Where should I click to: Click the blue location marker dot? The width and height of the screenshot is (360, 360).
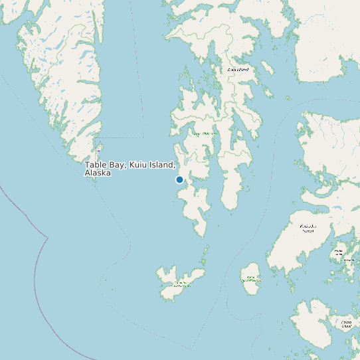[179, 179]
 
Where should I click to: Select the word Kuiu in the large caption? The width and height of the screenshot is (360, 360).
[138, 165]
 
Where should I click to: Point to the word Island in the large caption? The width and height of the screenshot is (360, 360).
[163, 165]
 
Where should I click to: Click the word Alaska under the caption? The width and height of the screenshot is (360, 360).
[98, 173]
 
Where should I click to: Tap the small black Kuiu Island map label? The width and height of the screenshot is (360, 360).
[237, 69]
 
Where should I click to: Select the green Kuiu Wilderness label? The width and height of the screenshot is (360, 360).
[205, 134]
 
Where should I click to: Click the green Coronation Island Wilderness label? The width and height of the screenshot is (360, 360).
[180, 284]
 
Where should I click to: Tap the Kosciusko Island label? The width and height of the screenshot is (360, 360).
[307, 228]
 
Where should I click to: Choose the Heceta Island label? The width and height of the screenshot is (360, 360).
[345, 325]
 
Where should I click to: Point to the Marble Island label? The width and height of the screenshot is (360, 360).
[339, 251]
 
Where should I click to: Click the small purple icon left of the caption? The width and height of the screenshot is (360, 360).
[99, 151]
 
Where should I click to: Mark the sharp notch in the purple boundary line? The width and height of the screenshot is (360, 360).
[46, 237]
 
